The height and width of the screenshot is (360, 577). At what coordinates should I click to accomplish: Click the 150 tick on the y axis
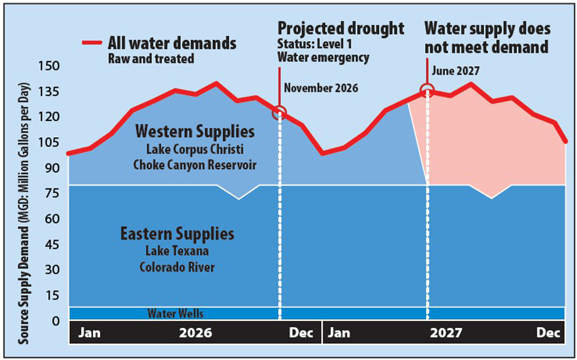click(x=49, y=66)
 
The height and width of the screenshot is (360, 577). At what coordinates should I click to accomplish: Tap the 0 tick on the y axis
click(x=54, y=321)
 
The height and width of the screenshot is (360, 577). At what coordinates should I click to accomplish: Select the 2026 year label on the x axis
click(x=196, y=333)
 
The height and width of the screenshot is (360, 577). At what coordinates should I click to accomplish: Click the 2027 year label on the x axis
click(x=446, y=333)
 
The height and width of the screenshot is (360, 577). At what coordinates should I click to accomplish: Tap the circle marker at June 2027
click(x=427, y=90)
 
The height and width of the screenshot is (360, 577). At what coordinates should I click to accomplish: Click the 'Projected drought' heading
click(x=340, y=28)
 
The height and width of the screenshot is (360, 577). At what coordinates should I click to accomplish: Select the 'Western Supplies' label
click(x=195, y=132)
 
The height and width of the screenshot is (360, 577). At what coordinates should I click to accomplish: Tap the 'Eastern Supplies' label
click(x=177, y=233)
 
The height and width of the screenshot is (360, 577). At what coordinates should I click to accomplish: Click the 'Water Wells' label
click(x=176, y=314)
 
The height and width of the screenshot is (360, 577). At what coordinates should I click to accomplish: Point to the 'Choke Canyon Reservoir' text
click(x=195, y=165)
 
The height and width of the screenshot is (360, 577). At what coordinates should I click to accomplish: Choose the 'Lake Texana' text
click(x=177, y=250)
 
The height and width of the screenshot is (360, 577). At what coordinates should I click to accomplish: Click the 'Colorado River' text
click(x=177, y=266)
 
